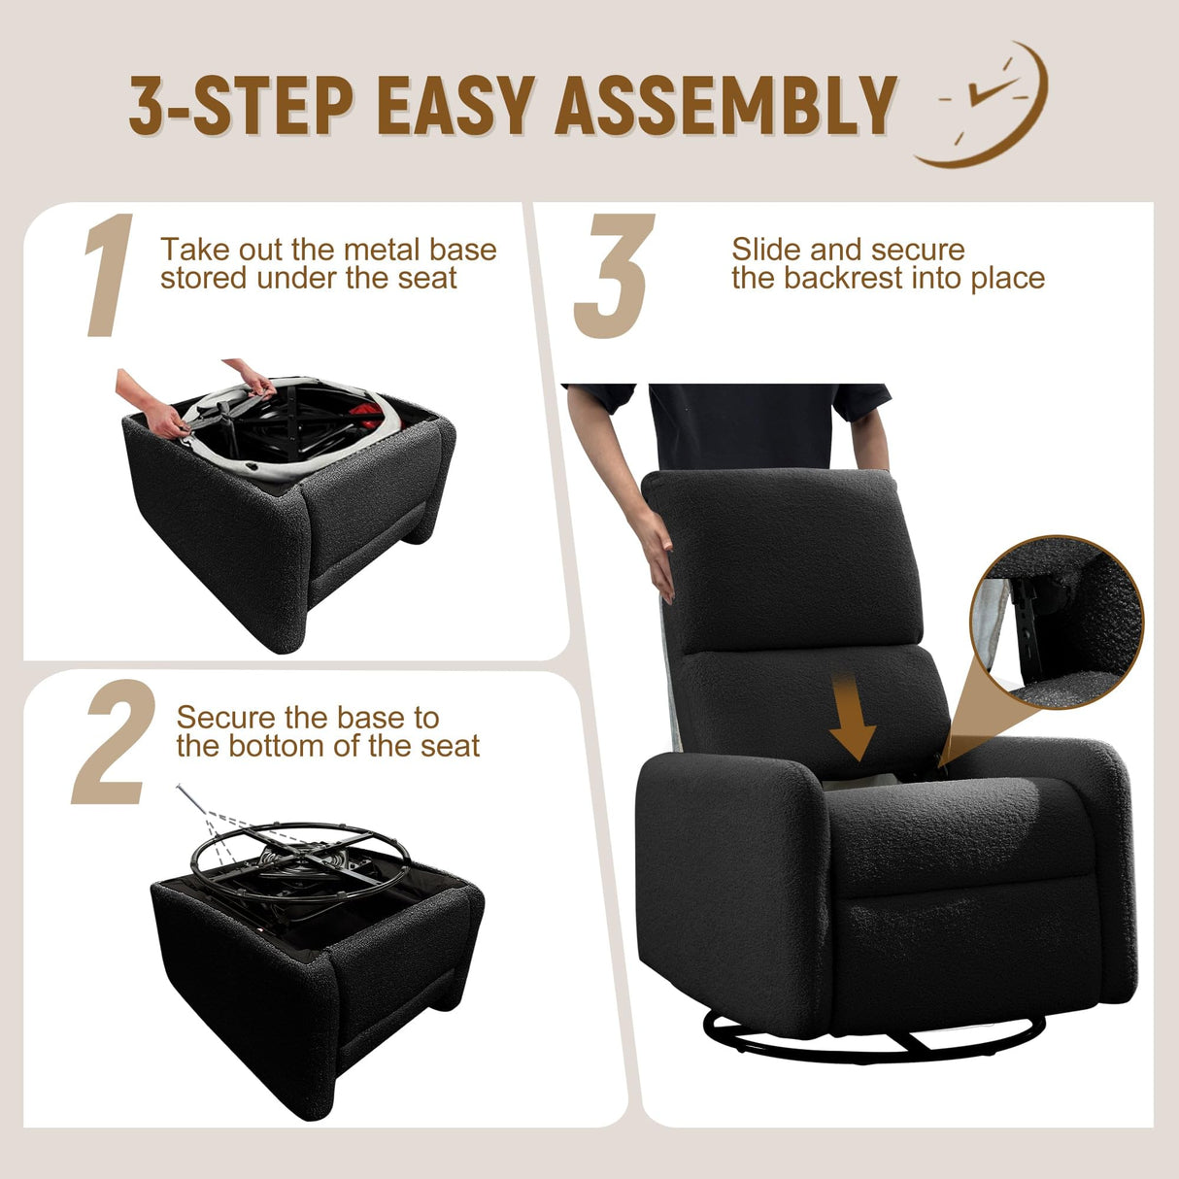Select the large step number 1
pos(110,277)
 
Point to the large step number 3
pos(614,277)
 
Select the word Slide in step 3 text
pos(767,250)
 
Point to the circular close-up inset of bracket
pos(1056,621)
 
